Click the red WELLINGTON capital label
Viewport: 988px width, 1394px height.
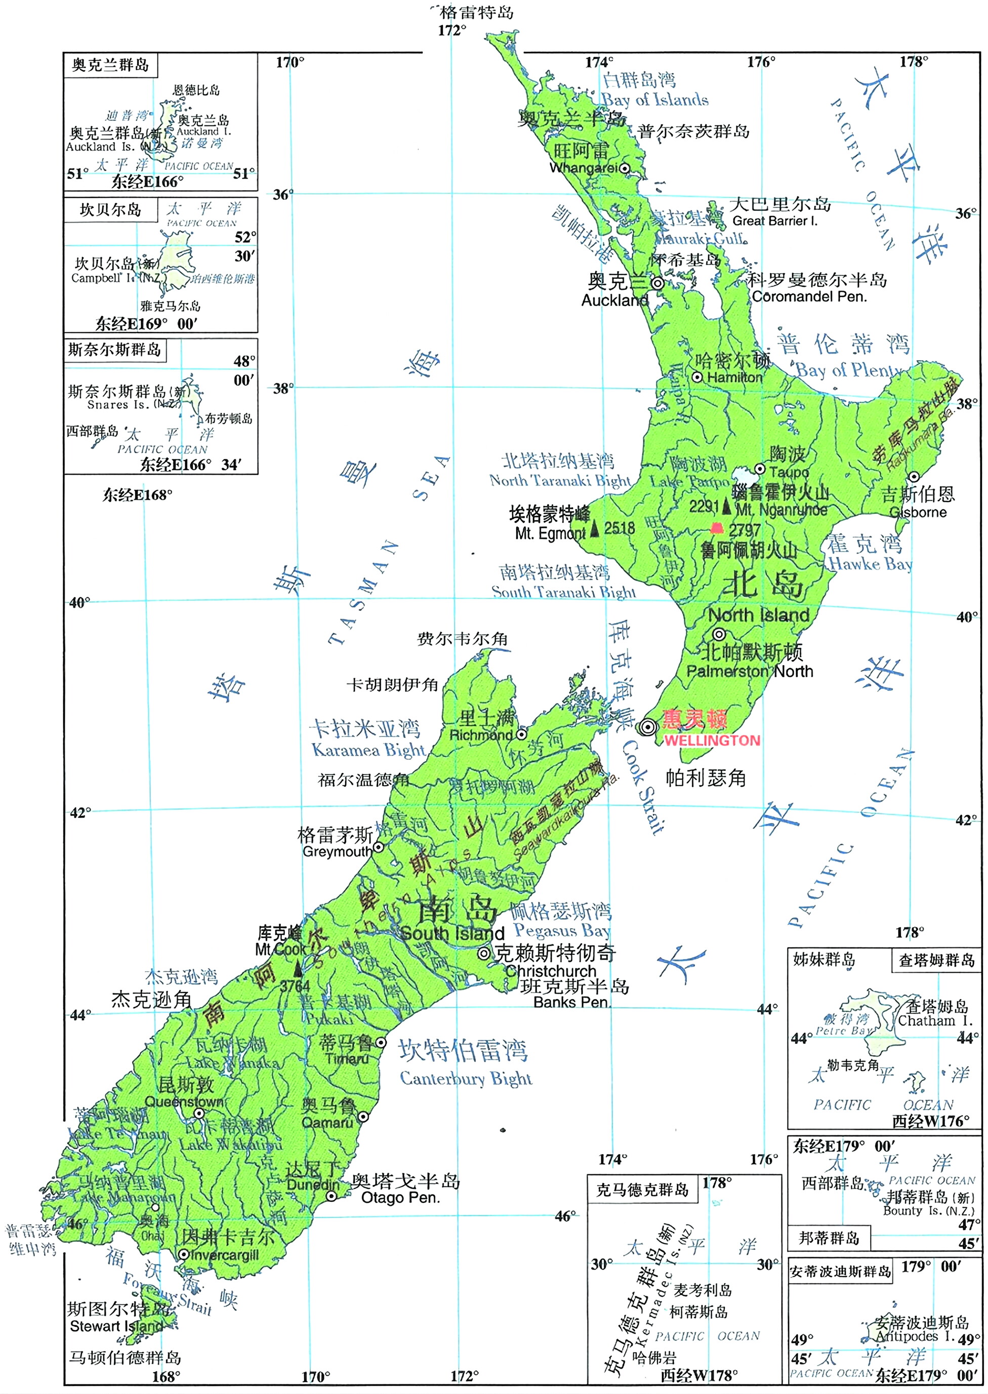(711, 740)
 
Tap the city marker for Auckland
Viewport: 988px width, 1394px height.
(657, 283)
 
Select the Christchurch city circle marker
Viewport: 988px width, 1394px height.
(484, 953)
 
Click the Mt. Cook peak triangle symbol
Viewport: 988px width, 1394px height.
(298, 969)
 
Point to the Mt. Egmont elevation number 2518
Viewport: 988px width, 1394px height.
(620, 528)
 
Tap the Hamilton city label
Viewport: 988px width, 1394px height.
(734, 377)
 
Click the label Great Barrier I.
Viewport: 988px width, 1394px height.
(774, 221)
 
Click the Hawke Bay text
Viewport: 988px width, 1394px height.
(870, 564)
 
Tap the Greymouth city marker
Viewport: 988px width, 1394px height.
(378, 847)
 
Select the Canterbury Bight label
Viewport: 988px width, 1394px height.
(466, 1078)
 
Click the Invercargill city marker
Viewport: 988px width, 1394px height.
(183, 1254)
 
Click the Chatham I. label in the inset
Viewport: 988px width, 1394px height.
(935, 1021)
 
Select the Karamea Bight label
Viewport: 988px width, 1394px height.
(368, 750)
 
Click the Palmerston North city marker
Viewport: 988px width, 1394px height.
(719, 635)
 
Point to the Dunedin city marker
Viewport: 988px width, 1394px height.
(331, 1196)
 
